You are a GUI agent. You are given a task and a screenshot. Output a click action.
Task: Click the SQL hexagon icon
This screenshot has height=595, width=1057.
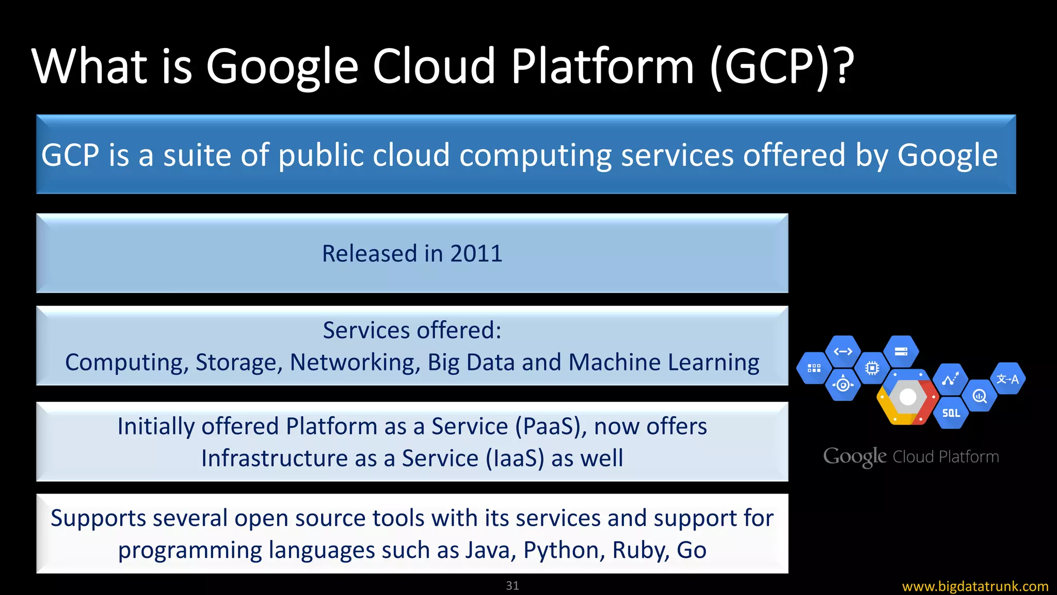tap(951, 413)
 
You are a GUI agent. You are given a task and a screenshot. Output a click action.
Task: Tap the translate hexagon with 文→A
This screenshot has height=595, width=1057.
tap(1007, 379)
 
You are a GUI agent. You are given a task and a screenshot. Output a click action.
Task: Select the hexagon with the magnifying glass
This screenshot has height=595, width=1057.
tap(979, 396)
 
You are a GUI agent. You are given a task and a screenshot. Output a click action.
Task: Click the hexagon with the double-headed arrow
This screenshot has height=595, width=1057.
tap(843, 352)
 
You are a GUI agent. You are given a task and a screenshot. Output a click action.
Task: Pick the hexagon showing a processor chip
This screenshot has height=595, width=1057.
tap(872, 368)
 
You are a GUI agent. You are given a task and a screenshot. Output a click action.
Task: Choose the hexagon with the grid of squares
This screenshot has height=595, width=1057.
tap(814, 368)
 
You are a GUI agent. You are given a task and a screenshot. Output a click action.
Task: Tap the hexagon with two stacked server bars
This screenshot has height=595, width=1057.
tap(901, 352)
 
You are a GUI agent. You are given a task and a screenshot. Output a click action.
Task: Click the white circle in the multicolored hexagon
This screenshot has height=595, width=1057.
tap(907, 397)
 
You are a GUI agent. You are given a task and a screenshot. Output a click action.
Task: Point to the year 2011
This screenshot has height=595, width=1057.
tap(476, 254)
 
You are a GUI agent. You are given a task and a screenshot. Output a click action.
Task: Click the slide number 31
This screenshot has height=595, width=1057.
tap(513, 586)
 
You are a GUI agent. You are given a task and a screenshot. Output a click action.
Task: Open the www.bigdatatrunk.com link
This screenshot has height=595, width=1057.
tap(975, 587)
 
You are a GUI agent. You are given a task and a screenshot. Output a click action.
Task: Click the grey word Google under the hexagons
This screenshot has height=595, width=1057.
tap(855, 457)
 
